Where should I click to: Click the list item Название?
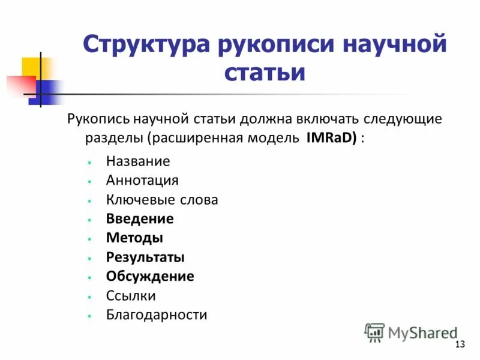click(x=138, y=161)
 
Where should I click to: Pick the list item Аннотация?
click(x=142, y=181)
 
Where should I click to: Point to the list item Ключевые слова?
click(x=162, y=200)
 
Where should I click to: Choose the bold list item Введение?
click(x=140, y=219)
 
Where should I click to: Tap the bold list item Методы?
click(x=134, y=238)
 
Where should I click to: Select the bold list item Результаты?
click(x=145, y=257)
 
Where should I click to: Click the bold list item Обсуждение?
click(x=150, y=277)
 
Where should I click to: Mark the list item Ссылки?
click(x=131, y=296)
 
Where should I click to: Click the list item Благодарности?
click(x=157, y=315)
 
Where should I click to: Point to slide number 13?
click(x=461, y=344)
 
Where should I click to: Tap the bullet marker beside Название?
click(x=88, y=162)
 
